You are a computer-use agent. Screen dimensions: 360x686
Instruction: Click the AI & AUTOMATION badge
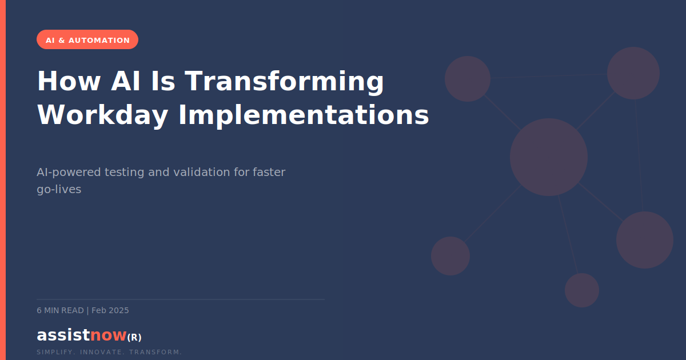click(x=87, y=40)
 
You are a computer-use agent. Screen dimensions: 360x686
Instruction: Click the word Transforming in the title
click(x=284, y=81)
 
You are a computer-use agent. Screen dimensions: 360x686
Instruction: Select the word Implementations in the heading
click(x=304, y=115)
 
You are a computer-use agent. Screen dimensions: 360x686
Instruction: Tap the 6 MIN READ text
click(x=60, y=310)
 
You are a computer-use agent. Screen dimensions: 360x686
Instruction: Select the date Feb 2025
click(x=110, y=310)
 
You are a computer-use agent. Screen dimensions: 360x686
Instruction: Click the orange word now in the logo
click(x=108, y=335)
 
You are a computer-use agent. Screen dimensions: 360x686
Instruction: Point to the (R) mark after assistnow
click(x=134, y=337)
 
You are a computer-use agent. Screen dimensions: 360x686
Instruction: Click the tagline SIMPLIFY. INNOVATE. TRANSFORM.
click(x=109, y=352)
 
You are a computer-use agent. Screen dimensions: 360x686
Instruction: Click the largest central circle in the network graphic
click(x=549, y=157)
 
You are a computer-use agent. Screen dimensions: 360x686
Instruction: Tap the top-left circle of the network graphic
click(x=468, y=79)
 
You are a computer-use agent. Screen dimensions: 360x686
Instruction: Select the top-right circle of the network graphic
click(x=633, y=73)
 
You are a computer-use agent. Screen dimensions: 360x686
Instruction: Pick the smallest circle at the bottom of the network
click(x=582, y=290)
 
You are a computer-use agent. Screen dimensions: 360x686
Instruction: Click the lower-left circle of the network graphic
click(x=450, y=256)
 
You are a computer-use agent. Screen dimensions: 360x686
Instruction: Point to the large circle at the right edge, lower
click(x=645, y=240)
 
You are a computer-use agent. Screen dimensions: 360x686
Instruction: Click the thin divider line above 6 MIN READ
click(x=180, y=299)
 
